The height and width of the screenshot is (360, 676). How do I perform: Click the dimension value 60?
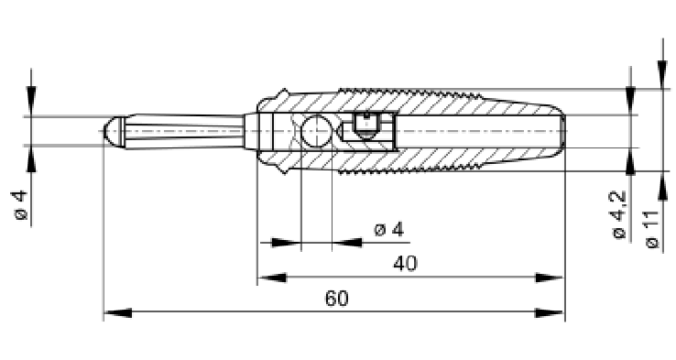coord(336,299)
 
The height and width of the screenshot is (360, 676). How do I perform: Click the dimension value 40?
coord(405,263)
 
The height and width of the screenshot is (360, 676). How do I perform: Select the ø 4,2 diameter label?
coord(618,214)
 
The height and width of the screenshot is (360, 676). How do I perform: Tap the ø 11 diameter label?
coord(653,229)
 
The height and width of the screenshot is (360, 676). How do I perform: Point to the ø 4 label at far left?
coord(20,206)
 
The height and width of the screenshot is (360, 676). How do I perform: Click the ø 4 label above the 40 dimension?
coord(389,229)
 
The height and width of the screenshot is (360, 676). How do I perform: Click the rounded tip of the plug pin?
coord(111,131)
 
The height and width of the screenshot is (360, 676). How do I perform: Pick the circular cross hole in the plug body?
coord(316,131)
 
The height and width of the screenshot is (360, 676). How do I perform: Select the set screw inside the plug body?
coord(366,125)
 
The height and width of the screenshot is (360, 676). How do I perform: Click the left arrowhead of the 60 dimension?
coord(118,313)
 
